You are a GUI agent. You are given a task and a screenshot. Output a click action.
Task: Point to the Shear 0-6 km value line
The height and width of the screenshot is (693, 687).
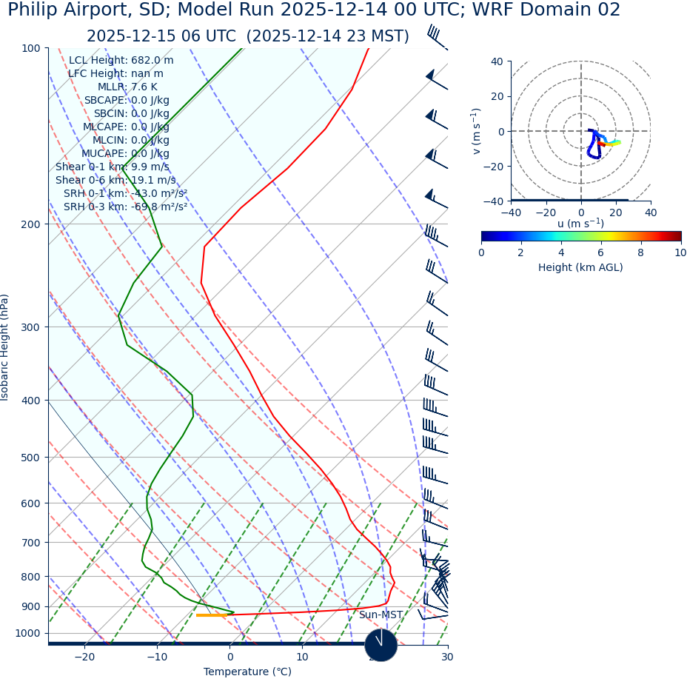point(115,180)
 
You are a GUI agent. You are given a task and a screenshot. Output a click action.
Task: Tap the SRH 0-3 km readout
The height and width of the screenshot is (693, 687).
point(125,207)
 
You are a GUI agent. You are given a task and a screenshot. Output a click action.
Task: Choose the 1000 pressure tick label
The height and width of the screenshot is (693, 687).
point(28,633)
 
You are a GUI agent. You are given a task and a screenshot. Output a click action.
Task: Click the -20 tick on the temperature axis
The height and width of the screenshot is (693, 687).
point(84,657)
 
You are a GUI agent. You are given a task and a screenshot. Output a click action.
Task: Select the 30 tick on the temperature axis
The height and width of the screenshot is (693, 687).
point(447,657)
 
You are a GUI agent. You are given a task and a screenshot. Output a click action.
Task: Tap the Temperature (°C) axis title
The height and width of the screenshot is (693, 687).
point(247,672)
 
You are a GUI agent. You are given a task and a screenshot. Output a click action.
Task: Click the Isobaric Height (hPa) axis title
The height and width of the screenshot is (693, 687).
point(5,347)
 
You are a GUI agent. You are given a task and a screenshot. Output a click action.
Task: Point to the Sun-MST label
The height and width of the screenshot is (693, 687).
point(381,615)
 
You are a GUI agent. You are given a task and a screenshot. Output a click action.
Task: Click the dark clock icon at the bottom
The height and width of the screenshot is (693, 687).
point(381,645)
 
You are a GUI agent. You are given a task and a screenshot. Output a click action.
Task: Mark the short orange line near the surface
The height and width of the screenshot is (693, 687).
point(211,615)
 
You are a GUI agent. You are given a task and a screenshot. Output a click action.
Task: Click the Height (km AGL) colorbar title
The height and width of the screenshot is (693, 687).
point(580,267)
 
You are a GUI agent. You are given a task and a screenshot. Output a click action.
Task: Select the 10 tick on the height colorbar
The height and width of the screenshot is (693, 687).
point(680,252)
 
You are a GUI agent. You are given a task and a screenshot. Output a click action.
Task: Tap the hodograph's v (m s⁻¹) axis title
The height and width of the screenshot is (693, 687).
point(476,131)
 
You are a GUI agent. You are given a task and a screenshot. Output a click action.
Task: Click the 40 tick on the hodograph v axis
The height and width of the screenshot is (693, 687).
point(497,61)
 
